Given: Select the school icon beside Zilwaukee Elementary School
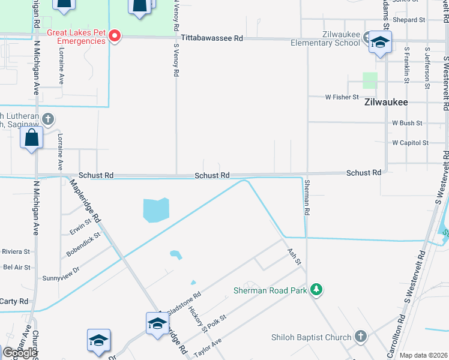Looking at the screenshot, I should pyautogui.click(x=380, y=43).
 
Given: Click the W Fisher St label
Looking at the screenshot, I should pyautogui.click(x=342, y=97).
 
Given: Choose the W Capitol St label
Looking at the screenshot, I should pyautogui.click(x=410, y=143).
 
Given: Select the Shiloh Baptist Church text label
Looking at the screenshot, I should pyautogui.click(x=311, y=337).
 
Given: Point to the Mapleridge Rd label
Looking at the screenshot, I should pyautogui.click(x=84, y=202).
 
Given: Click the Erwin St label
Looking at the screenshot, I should pyautogui.click(x=79, y=229).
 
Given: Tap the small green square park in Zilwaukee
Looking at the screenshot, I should pyautogui.click(x=370, y=80).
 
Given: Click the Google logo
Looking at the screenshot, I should pyautogui.click(x=20, y=353).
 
